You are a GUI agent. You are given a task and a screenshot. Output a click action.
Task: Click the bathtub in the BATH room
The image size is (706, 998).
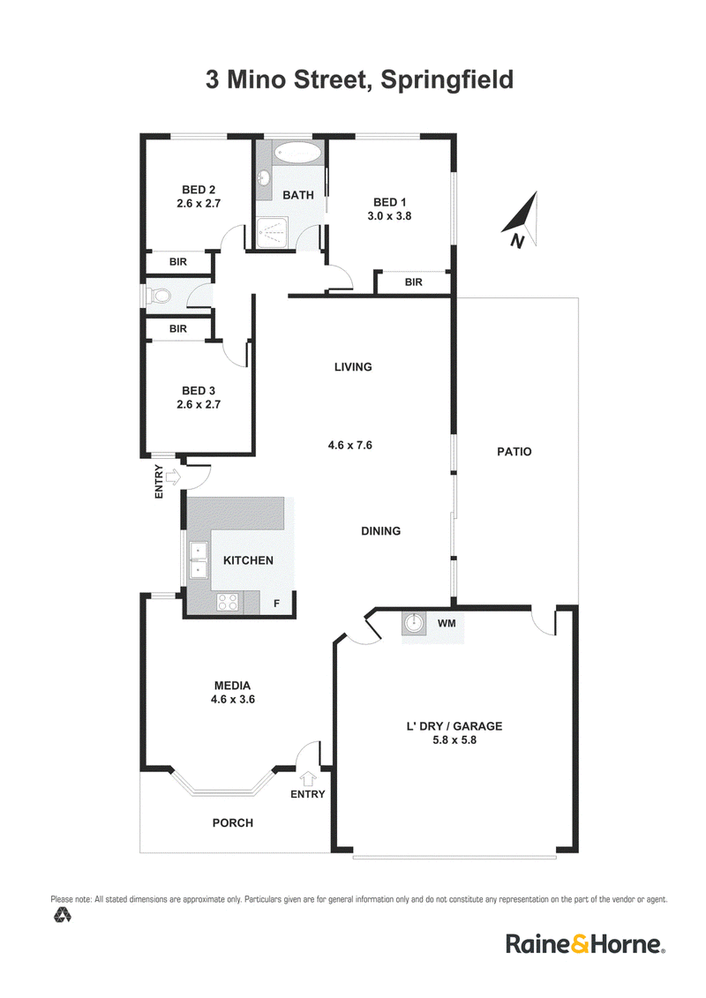coord(297,154)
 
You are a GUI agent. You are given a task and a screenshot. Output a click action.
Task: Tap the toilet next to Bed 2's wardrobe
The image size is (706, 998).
coord(159,296)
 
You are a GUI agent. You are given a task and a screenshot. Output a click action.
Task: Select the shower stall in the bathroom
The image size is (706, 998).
coord(274,232)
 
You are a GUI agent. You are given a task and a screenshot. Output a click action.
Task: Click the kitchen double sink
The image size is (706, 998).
coord(199,559)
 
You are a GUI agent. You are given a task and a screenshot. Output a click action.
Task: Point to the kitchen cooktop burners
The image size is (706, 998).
coord(228,602)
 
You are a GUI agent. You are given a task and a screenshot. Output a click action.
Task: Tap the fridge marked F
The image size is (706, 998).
coord(276,603)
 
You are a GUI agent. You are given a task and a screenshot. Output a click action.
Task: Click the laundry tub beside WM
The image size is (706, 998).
coord(414,624)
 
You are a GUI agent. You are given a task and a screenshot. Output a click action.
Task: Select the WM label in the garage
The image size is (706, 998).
coord(447,623)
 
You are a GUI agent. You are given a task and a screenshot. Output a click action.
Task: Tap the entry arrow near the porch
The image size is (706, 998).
coord(308,777)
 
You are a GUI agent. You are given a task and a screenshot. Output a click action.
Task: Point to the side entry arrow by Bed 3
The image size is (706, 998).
coord(172,475)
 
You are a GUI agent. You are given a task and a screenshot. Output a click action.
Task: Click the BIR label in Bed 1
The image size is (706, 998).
coord(413,282)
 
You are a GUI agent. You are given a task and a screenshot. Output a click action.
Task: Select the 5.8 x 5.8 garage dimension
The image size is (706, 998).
coord(454,739)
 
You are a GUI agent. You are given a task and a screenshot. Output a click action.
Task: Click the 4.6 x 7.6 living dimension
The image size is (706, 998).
coord(350,445)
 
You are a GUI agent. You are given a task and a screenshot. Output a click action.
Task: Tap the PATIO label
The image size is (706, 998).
coord(514,451)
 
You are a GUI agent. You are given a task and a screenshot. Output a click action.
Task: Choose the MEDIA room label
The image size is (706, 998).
coord(232,686)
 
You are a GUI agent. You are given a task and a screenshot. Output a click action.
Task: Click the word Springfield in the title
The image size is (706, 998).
coord(447,80)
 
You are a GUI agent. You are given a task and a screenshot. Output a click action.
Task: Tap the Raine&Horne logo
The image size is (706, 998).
coord(585,943)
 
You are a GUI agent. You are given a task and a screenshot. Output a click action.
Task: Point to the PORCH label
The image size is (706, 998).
coord(232,822)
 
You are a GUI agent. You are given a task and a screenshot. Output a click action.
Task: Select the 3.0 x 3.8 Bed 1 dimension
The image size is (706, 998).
coord(389,216)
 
